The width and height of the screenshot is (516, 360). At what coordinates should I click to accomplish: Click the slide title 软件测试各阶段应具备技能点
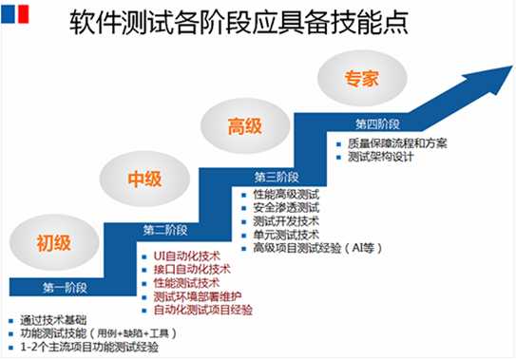coord(239,22)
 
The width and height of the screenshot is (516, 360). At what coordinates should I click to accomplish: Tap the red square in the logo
coord(24,14)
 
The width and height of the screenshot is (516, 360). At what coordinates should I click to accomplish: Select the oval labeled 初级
coord(54,242)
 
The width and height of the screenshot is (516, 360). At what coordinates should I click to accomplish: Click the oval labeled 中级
coord(144,179)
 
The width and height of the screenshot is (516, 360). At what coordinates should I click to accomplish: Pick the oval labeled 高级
coord(245,126)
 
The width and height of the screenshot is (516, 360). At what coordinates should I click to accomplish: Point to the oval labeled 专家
coord(362,78)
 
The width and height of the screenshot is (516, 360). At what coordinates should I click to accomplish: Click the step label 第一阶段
coord(65,288)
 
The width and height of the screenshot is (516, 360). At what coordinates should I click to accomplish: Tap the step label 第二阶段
coord(165,230)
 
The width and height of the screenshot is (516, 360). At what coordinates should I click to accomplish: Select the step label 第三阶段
coord(277,177)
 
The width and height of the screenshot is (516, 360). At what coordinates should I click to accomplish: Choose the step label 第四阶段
coord(377,124)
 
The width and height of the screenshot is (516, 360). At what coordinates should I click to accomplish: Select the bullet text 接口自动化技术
coord(192,269)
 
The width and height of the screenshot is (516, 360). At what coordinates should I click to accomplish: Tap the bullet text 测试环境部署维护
coord(198,296)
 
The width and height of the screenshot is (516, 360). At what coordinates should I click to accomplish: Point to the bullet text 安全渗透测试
coord(286,208)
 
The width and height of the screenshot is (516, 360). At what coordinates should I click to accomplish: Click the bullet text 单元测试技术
coord(286,235)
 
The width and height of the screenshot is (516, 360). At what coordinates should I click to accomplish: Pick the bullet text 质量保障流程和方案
coord(397,143)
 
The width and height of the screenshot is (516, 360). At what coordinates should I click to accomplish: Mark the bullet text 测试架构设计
coord(380,157)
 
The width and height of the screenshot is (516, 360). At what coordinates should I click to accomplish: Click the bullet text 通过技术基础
coord(53,320)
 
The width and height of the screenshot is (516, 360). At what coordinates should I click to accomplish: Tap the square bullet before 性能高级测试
coord(244,195)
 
